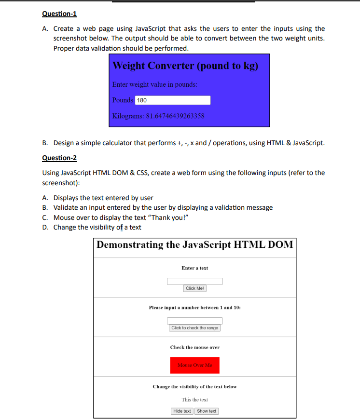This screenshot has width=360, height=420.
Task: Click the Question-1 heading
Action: [59, 14]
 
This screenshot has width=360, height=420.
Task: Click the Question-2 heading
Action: [59, 158]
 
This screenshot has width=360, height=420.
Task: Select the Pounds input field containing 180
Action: [173, 100]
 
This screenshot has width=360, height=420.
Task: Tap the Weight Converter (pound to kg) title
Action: [185, 66]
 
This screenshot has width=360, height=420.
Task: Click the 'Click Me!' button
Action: [195, 288]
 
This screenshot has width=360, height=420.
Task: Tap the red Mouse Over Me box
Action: [194, 365]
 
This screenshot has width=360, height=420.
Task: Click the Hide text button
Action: [182, 411]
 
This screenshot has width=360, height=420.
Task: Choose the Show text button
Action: [207, 411]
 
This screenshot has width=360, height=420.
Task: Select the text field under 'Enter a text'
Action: [194, 281]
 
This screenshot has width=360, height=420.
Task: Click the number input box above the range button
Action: [194, 321]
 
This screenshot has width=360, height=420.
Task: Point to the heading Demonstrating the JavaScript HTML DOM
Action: [194, 244]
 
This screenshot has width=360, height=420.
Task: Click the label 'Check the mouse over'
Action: [194, 347]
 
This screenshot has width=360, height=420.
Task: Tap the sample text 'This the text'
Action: [194, 400]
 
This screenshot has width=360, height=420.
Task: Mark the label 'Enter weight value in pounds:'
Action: [154, 84]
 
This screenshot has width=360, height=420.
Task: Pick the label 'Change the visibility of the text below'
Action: [194, 387]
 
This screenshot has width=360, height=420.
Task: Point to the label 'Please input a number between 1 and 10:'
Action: [194, 308]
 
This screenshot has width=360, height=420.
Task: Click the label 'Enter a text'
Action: [194, 268]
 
